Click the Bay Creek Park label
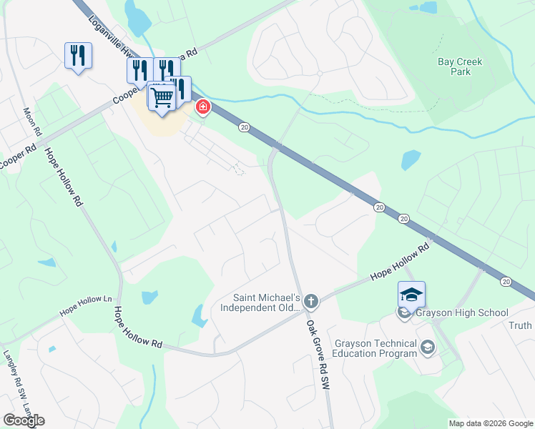point(460,66)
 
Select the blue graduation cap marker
point(411,295)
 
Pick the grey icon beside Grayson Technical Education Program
point(428,347)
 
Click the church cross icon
point(310,302)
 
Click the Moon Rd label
point(33,123)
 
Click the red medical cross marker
point(203,107)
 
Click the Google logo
point(24,420)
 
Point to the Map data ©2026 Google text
point(490,423)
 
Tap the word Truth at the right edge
point(521,325)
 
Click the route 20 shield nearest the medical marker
point(245,127)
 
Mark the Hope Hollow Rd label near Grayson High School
point(398,262)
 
